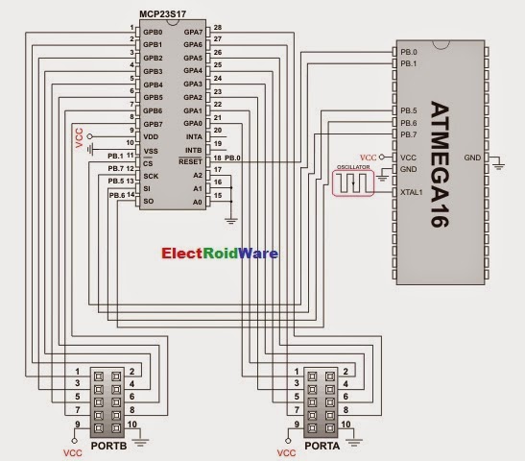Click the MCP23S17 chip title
tap(170, 16)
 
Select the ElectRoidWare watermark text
tap(221, 254)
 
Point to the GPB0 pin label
tap(152, 31)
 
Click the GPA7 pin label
tap(192, 31)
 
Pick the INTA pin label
tap(194, 136)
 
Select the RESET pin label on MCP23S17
tap(190, 162)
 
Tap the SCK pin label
tap(150, 176)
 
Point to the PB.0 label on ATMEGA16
tap(408, 53)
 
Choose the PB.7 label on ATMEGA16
tap(408, 135)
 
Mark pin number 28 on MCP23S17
tap(218, 27)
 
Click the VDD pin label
tap(151, 137)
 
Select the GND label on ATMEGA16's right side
tap(471, 157)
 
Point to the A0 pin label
tap(198, 203)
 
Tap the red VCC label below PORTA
tap(286, 451)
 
